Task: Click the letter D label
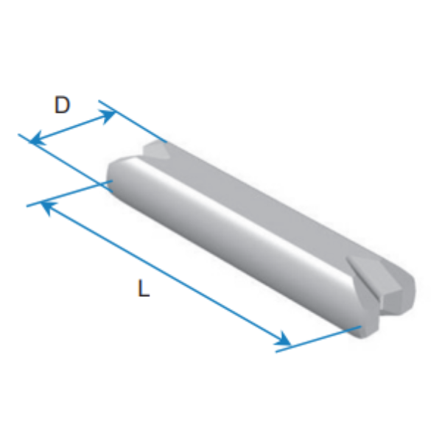[62, 105]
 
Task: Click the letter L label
[144, 288]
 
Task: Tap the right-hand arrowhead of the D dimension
[107, 116]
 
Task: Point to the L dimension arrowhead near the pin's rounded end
[48, 207]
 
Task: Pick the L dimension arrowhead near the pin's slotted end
[283, 339]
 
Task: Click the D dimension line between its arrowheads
[72, 127]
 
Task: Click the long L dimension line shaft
[166, 274]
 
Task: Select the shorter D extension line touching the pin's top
[133, 122]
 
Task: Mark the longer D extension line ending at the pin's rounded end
[66, 164]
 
